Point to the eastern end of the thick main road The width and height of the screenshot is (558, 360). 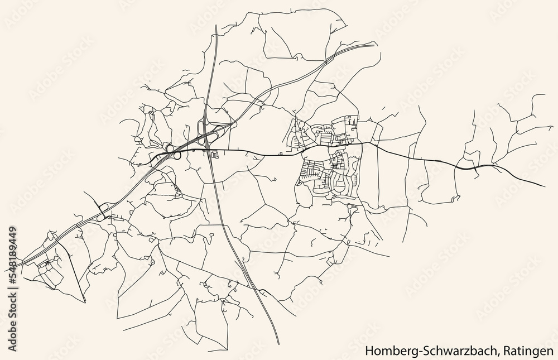(544, 186)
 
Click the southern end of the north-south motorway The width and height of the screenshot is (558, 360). (278, 344)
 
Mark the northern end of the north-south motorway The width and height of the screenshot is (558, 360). (215, 25)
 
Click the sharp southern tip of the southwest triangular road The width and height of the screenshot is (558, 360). (84, 302)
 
